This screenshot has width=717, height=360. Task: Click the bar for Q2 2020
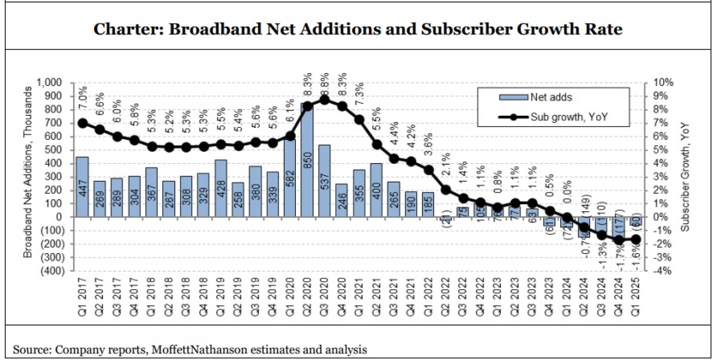[x=307, y=161]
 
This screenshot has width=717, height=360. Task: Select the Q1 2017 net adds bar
[x=82, y=187]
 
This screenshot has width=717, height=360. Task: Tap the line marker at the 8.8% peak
[x=325, y=100]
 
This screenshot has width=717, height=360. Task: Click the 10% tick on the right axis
[x=663, y=83]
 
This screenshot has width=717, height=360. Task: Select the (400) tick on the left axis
[x=52, y=271]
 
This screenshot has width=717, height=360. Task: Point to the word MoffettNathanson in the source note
[x=199, y=350]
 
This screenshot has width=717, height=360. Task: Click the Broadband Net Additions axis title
[x=28, y=172]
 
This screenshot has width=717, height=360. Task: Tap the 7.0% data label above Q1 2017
[x=83, y=98]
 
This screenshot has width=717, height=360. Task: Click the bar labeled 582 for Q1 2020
[x=290, y=179]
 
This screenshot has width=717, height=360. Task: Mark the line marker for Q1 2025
[x=636, y=239]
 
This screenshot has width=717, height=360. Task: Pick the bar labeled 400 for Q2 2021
[x=376, y=190]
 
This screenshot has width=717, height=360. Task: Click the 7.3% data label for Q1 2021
[x=359, y=94]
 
